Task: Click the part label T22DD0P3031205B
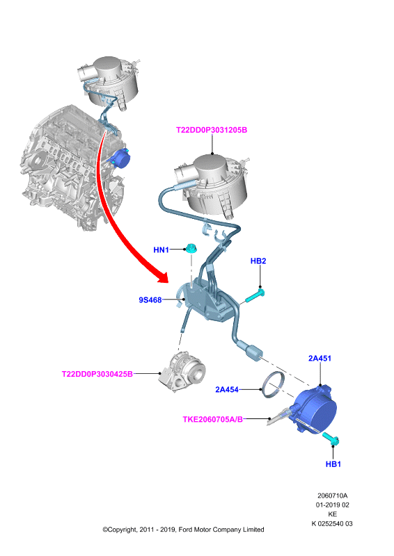212,130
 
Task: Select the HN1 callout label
161,250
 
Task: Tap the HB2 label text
258,261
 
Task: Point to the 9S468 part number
150,300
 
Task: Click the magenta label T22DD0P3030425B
97,374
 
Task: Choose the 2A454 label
227,390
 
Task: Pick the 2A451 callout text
320,359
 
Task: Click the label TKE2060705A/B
213,420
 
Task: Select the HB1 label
333,464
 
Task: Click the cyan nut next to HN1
191,249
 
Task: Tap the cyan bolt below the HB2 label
255,296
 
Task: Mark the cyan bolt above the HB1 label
331,439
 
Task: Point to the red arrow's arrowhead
164,277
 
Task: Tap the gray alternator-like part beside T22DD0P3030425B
182,372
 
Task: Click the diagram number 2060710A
333,496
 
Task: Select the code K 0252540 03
332,524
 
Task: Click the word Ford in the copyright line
185,530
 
